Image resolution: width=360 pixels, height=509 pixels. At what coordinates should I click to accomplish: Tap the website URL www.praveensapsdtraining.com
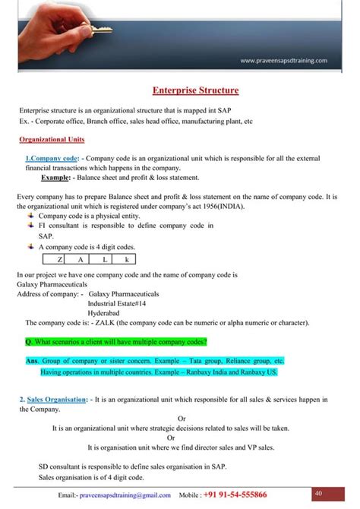coord(283,59)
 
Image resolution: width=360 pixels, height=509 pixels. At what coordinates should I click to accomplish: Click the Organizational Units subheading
coord(52,140)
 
